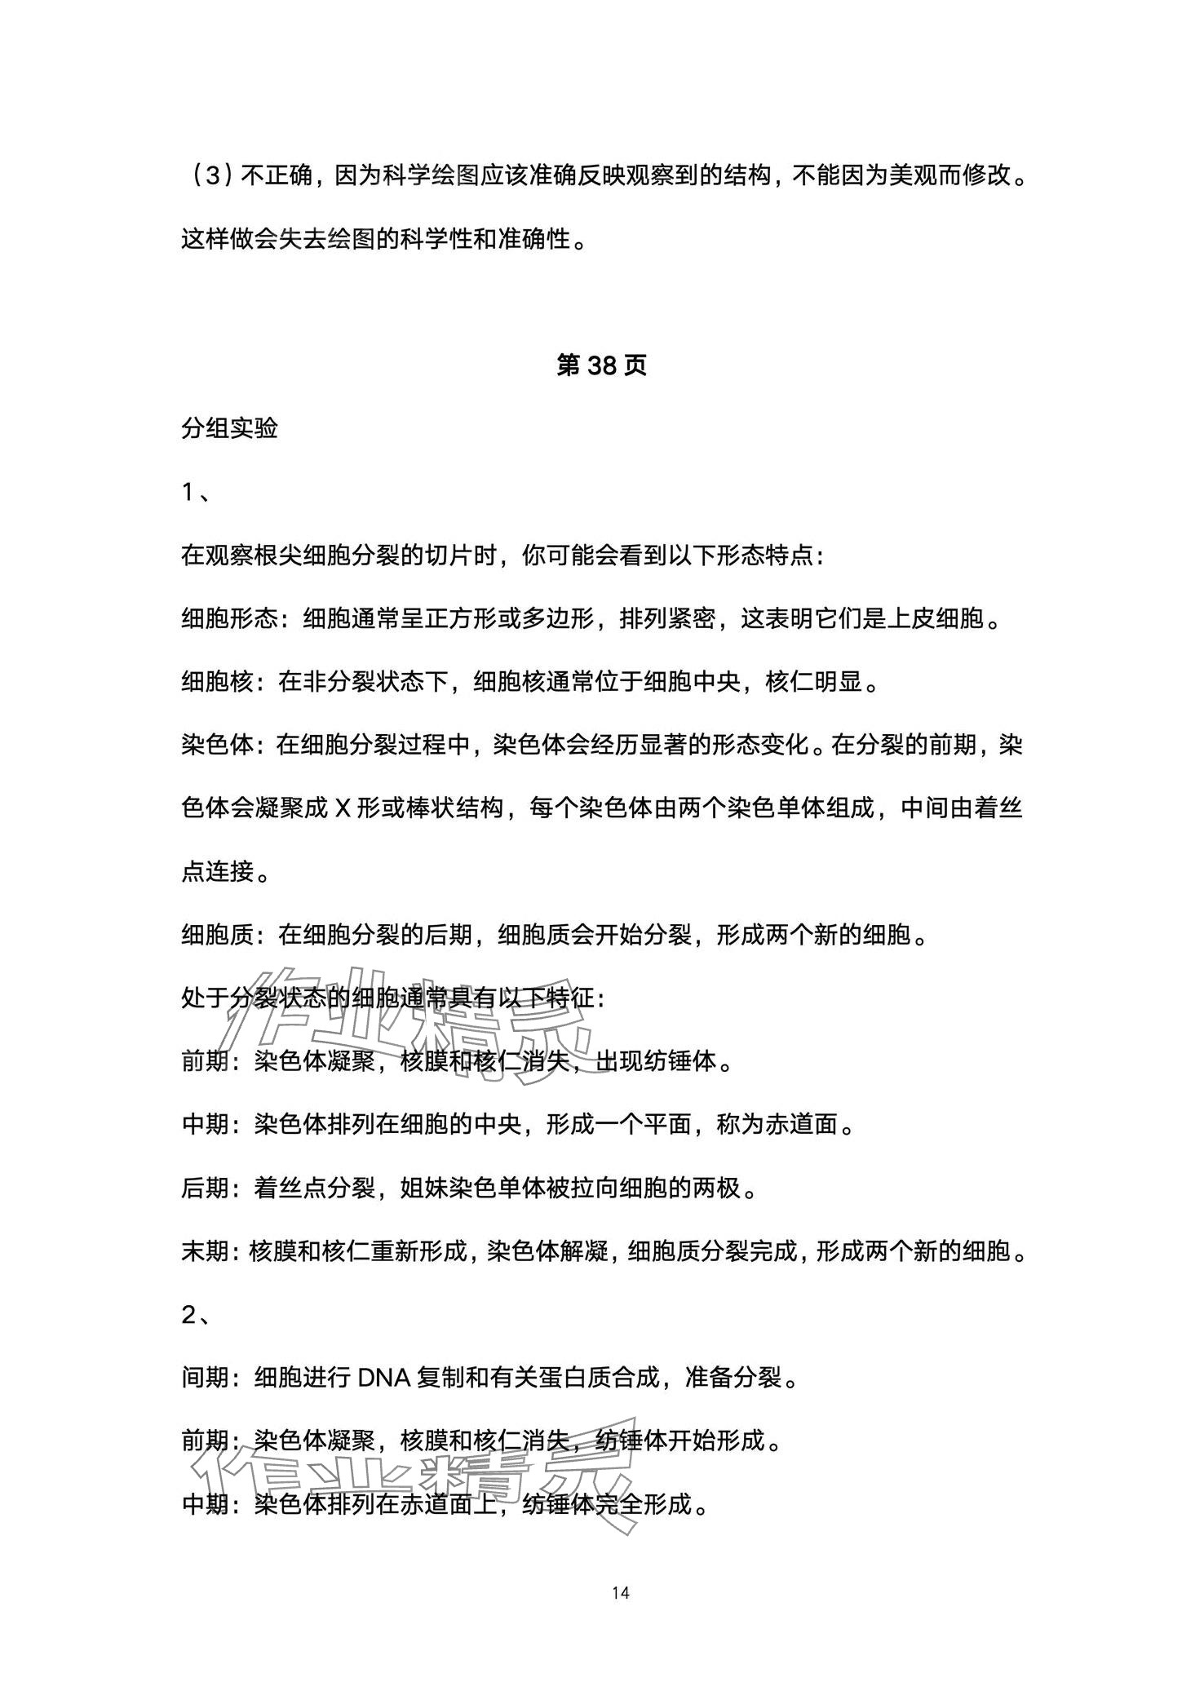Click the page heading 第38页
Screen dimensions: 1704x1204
601,366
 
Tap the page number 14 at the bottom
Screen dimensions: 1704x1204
621,1593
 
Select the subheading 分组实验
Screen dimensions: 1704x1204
229,428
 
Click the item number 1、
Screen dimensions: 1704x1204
195,492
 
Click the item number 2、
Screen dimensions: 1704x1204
196,1315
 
